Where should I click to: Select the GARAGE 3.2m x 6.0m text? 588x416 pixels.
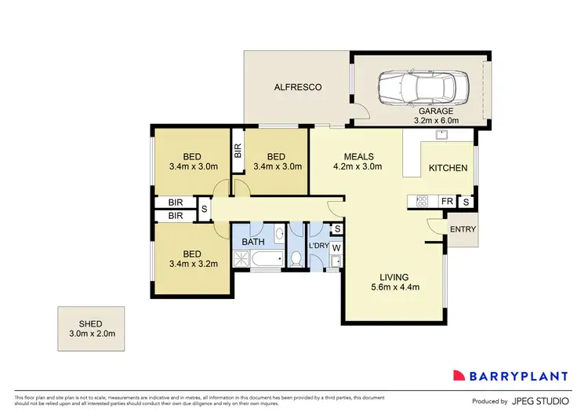click(439, 116)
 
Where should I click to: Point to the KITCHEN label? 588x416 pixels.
click(448, 168)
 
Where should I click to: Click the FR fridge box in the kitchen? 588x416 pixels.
click(446, 202)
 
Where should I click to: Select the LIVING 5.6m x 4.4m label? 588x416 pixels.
click(394, 281)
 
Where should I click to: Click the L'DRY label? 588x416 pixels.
click(318, 246)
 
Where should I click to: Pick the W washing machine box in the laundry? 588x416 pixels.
click(336, 248)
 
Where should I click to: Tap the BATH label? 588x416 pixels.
click(253, 243)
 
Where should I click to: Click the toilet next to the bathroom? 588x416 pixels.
click(294, 257)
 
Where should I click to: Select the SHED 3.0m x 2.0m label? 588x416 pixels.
click(90, 328)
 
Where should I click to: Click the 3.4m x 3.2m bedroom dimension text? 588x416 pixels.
click(191, 265)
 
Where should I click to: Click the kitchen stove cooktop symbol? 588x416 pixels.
click(420, 202)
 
